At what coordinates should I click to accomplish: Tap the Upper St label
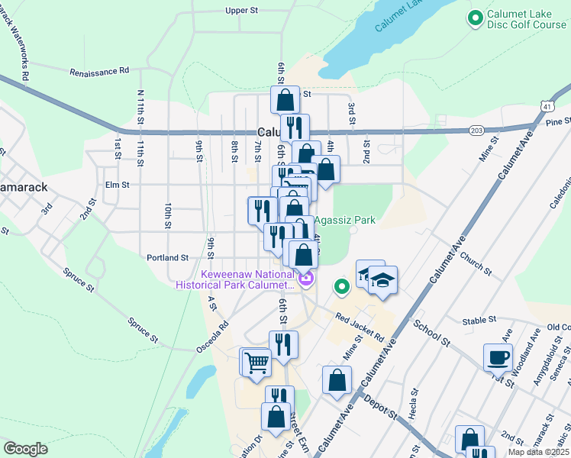point(243,11)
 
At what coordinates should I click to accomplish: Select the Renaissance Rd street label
point(99,72)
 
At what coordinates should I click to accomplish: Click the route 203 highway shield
point(476,130)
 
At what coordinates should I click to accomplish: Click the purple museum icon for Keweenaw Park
point(306,280)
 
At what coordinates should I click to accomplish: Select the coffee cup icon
point(498,357)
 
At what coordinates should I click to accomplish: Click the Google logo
point(25,449)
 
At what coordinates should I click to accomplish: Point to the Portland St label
point(168,258)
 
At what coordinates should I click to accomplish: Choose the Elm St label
point(118,185)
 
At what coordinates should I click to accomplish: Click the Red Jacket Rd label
point(359,328)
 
